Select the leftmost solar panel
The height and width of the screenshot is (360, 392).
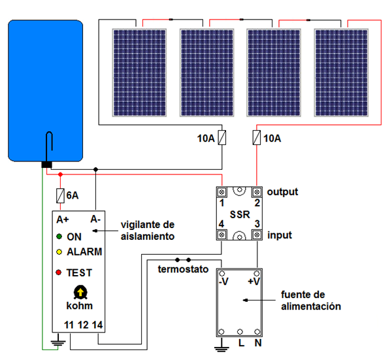(x=139, y=72)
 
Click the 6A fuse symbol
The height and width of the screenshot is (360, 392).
(x=61, y=195)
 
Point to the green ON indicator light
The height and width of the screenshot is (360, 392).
(x=59, y=237)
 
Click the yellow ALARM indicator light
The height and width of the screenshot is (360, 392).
(x=59, y=252)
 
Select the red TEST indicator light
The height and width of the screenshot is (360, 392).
(x=59, y=272)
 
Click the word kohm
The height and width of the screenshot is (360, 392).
(x=80, y=305)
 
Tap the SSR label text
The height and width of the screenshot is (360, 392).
(x=240, y=214)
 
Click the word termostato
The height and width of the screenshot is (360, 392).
(x=182, y=269)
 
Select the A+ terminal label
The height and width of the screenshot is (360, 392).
(x=63, y=219)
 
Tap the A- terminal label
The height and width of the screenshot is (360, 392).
(x=95, y=219)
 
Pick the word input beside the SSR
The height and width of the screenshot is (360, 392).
(x=279, y=235)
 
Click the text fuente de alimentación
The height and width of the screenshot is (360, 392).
(x=310, y=301)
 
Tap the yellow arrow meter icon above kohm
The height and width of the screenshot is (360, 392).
(x=80, y=292)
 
